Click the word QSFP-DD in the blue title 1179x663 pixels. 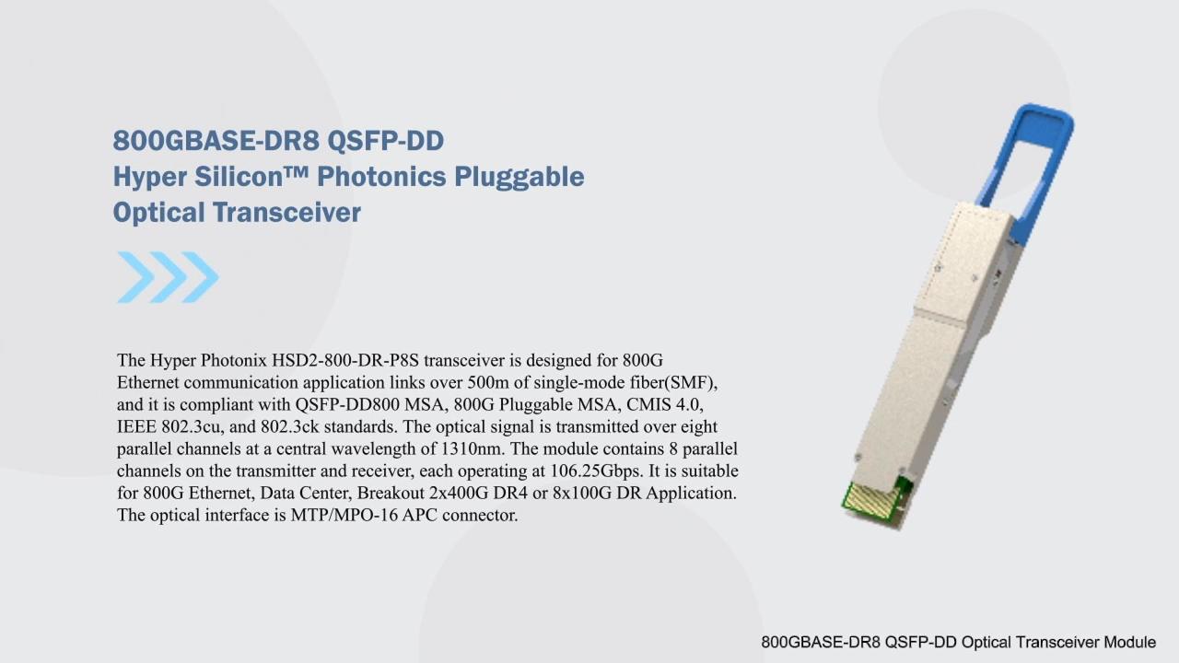pyautogui.click(x=386, y=141)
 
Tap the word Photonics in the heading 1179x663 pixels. pyautogui.click(x=381, y=176)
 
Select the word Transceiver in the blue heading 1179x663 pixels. pyautogui.click(x=286, y=212)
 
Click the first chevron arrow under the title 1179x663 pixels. pyautogui.click(x=135, y=277)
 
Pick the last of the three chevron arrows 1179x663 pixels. pyautogui.click(x=200, y=277)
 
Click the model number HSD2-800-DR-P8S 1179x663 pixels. pyautogui.click(x=345, y=360)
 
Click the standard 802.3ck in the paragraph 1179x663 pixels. pyautogui.click(x=290, y=426)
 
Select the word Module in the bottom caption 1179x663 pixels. pyautogui.click(x=1129, y=643)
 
